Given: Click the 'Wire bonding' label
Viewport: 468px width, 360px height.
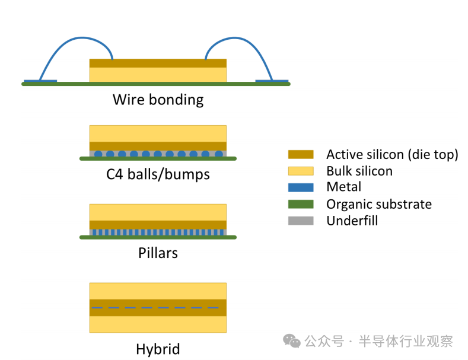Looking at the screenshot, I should coord(158,99).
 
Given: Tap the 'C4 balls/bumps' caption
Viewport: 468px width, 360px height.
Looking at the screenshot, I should coord(158,174).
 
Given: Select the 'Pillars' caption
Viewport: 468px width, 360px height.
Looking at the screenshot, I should coord(158,253).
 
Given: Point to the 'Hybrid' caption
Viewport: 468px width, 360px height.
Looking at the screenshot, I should coord(158,349).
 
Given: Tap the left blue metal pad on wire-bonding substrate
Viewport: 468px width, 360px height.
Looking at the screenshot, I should coord(40,81).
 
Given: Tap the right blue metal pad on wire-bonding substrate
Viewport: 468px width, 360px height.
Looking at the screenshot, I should coord(272,81).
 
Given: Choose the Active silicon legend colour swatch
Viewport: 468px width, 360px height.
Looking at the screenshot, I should coord(300,155).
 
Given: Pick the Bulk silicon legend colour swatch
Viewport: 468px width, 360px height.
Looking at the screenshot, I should coord(300,171).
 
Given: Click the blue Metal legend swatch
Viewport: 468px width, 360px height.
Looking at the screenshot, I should coord(300,187).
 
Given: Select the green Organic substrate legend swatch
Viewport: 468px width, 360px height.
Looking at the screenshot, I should coord(300,204).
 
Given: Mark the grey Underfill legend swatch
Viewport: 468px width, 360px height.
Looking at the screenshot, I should coord(300,221).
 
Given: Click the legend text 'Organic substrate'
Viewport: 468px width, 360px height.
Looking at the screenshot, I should coord(378,204).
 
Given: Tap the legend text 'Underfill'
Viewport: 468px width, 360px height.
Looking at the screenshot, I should coord(352,221).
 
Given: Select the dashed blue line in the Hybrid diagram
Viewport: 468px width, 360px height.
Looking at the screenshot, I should coord(158,308).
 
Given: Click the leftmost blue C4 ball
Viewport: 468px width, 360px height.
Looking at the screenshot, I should coord(98,154).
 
